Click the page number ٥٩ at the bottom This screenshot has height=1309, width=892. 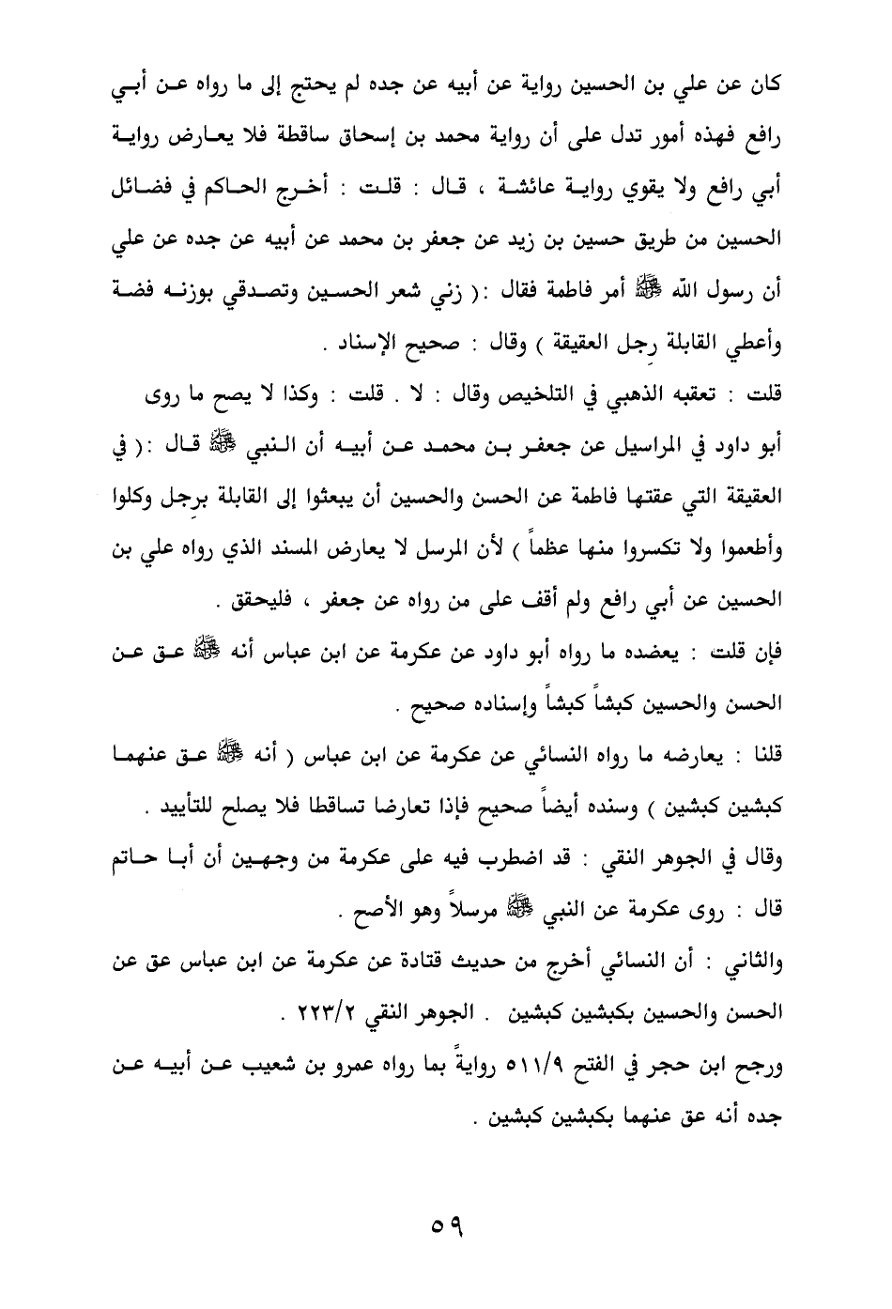pyautogui.click(x=447, y=1227)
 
